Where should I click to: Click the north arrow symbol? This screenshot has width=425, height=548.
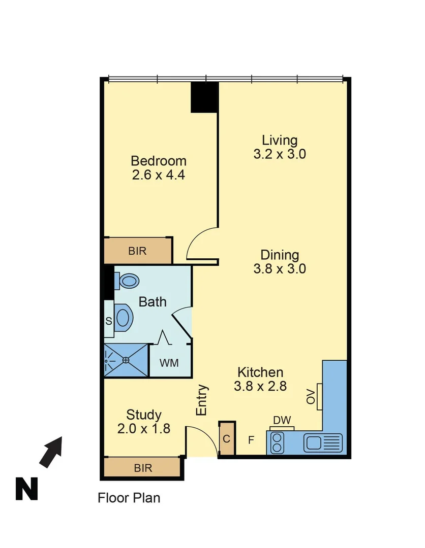pyautogui.click(x=51, y=452)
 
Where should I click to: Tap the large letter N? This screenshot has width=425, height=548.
pyautogui.click(x=26, y=489)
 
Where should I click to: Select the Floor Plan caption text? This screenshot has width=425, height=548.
pyautogui.click(x=129, y=498)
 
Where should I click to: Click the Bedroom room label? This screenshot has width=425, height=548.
pyautogui.click(x=159, y=161)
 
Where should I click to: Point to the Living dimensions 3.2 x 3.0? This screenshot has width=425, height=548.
pyautogui.click(x=279, y=154)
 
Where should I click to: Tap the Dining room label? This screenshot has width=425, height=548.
pyautogui.click(x=279, y=255)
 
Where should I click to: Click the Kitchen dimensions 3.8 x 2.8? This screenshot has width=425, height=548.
pyautogui.click(x=260, y=386)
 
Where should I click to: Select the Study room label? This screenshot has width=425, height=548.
pyautogui.click(x=144, y=415)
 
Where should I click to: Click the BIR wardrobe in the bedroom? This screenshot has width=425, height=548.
pyautogui.click(x=138, y=251)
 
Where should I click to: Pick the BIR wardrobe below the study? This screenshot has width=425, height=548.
pyautogui.click(x=143, y=468)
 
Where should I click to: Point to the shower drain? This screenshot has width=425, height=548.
pyautogui.click(x=126, y=360)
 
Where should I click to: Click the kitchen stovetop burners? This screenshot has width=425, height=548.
pyautogui.click(x=278, y=442)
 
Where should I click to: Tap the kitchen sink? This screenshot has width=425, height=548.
pyautogui.click(x=323, y=442)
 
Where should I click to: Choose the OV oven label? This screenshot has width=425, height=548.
pyautogui.click(x=311, y=397)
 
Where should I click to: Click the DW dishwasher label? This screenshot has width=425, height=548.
pyautogui.click(x=282, y=420)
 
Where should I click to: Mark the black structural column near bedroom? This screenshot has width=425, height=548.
pyautogui.click(x=204, y=97)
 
